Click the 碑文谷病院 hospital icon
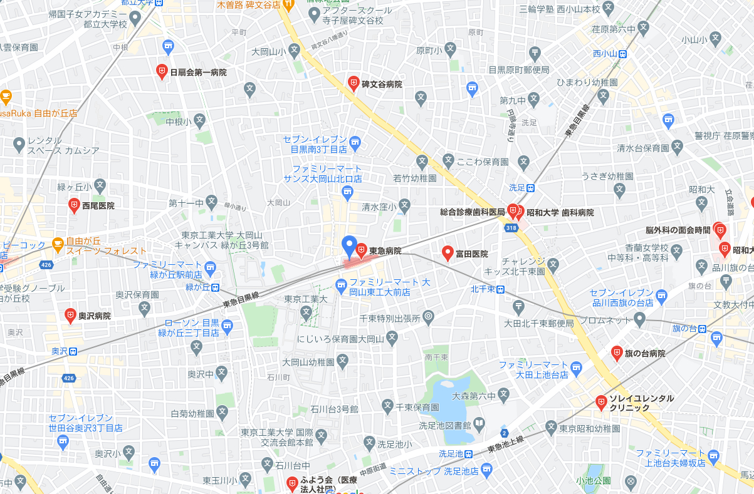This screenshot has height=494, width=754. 353,83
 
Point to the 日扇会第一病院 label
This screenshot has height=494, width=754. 198,73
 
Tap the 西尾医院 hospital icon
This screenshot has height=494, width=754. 74,204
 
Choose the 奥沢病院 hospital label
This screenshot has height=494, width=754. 94,316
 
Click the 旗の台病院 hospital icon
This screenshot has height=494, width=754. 617,352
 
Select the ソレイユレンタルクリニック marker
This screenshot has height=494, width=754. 601,401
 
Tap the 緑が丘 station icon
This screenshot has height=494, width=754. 215,288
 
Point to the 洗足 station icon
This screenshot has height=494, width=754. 530,187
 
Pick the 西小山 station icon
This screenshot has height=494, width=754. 622,54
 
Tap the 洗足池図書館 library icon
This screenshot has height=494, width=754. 479,425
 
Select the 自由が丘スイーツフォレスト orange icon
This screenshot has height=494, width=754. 58,244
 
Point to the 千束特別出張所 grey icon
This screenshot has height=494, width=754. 428,317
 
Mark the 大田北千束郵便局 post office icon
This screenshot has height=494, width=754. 518,307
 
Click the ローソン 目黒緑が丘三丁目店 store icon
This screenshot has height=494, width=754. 227,325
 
